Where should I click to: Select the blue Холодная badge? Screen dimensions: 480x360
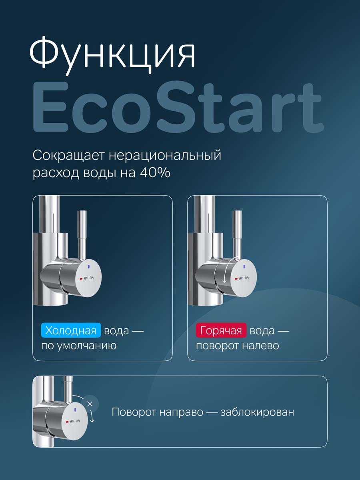point(71,331)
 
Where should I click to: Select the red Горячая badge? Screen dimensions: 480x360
point(221,331)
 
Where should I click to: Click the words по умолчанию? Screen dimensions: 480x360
point(79,345)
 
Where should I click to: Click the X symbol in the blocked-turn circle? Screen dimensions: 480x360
point(90,404)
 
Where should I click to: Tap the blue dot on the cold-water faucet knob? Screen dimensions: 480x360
point(88,266)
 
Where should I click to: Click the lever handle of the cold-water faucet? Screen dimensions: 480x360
point(82,232)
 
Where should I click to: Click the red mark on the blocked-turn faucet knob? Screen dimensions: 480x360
point(67,422)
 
